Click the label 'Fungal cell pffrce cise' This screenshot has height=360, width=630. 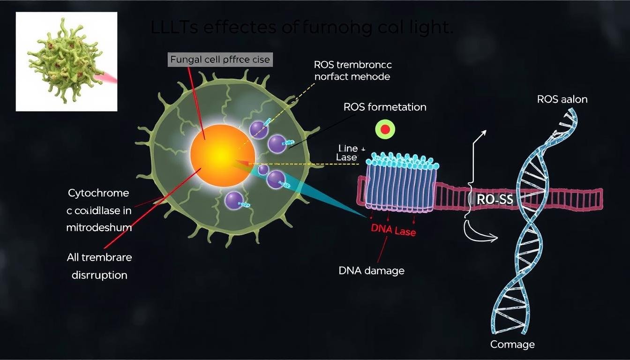click(x=220, y=60)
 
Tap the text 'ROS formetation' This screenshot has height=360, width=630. click(x=385, y=107)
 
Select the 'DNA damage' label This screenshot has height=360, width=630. click(x=371, y=270)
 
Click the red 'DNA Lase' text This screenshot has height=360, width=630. click(x=393, y=230)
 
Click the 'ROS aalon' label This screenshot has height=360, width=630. click(x=562, y=99)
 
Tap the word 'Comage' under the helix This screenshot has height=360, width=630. click(x=512, y=345)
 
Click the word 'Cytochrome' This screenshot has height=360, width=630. click(x=98, y=193)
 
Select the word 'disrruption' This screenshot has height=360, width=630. click(x=99, y=275)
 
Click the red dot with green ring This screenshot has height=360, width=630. click(x=385, y=130)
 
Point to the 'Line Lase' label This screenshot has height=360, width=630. click(x=347, y=153)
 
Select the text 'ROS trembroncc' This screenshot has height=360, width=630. click(x=352, y=65)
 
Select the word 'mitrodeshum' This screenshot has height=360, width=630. click(x=99, y=228)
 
